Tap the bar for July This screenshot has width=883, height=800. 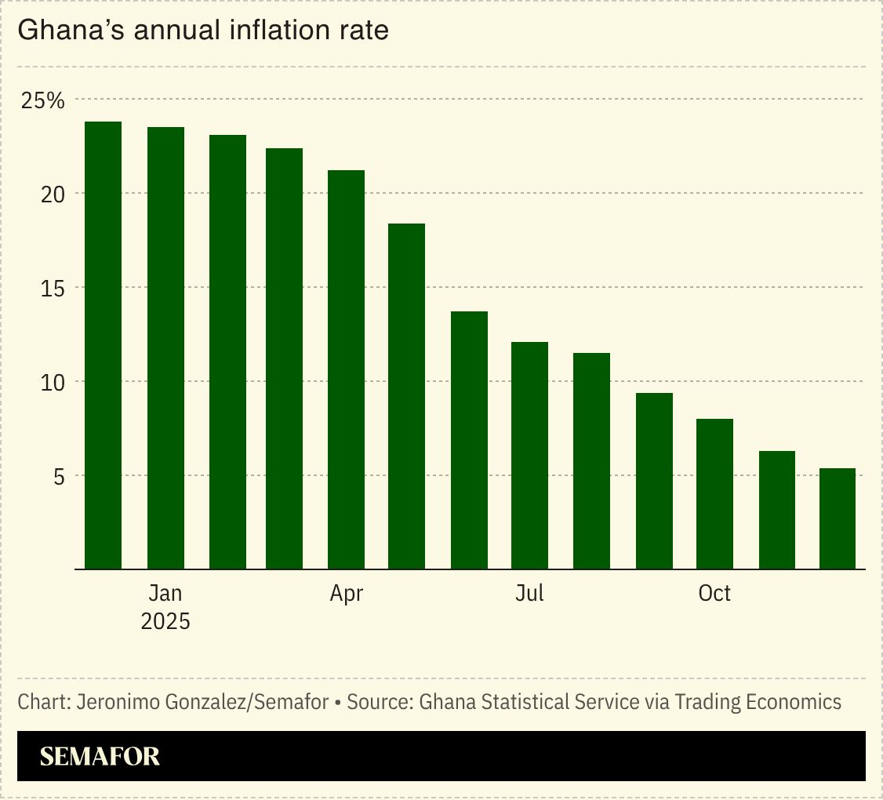(x=529, y=455)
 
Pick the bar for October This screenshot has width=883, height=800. (x=714, y=493)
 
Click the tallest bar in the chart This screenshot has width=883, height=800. (x=103, y=345)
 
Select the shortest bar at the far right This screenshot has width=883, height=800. (x=837, y=518)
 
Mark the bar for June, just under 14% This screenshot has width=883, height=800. (x=469, y=440)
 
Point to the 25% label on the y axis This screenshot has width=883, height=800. (x=42, y=100)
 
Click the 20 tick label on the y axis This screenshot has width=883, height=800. (x=53, y=194)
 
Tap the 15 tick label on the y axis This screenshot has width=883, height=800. (x=53, y=288)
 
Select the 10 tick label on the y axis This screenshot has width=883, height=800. (x=53, y=382)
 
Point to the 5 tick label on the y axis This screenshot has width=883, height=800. (x=59, y=476)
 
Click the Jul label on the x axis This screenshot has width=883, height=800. (x=529, y=594)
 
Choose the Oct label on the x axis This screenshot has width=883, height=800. (x=714, y=594)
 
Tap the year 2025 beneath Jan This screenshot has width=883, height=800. (x=165, y=621)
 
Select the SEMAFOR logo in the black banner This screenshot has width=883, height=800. (x=100, y=756)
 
